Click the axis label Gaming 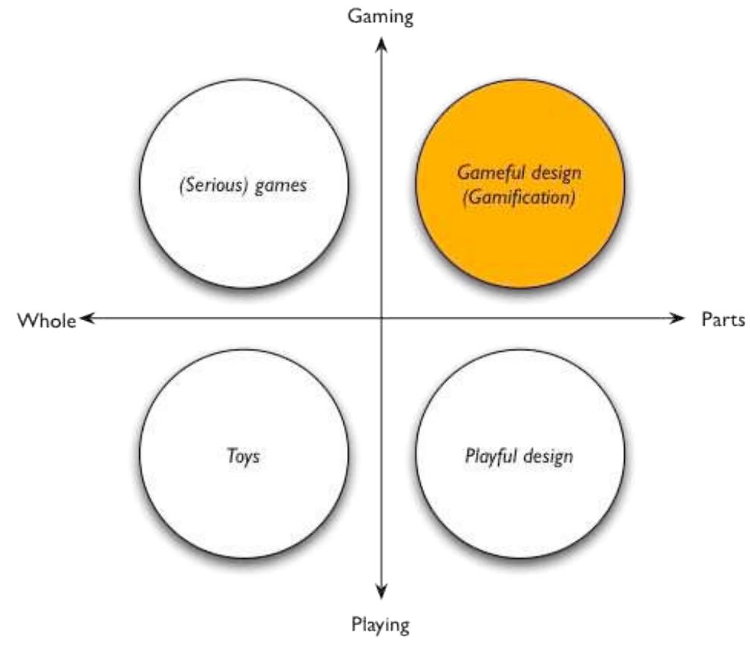(381, 17)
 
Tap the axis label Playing (381, 624)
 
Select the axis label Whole (46, 320)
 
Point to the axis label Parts (722, 320)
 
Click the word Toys (244, 455)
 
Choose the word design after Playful (547, 455)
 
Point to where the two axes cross (381, 319)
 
